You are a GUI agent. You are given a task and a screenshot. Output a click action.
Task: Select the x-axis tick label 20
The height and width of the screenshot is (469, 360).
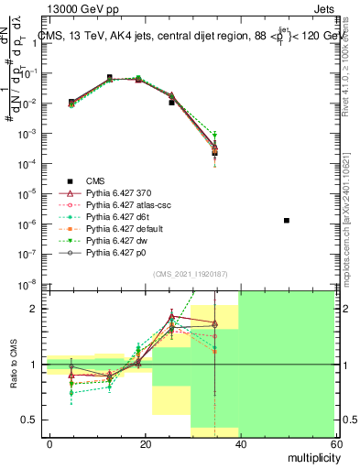coord(144,443)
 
